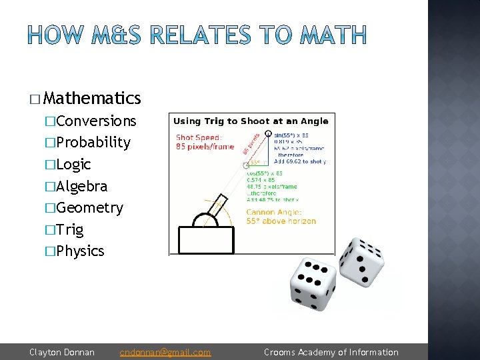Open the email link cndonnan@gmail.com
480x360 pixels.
pos(165,352)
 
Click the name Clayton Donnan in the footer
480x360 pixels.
pos(62,352)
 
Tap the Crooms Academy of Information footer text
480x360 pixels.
pos(331,352)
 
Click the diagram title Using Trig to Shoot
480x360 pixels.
pos(251,121)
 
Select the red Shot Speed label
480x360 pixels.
pos(200,142)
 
